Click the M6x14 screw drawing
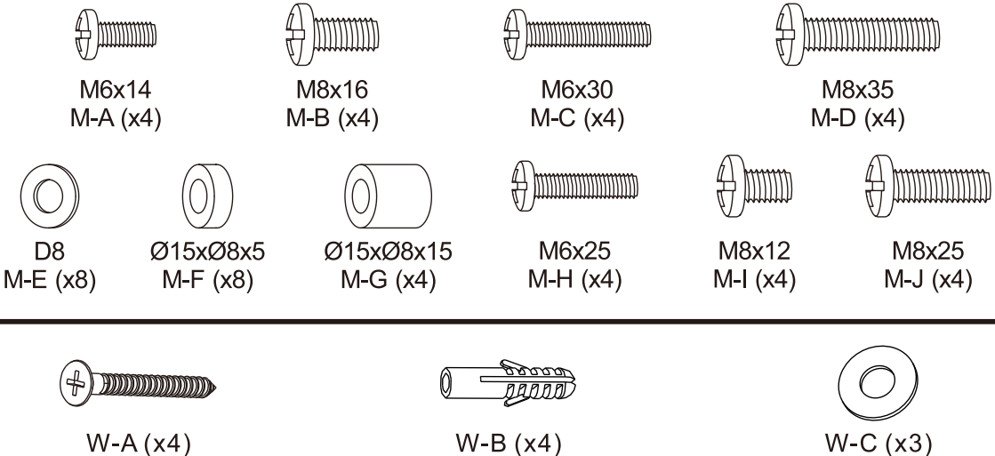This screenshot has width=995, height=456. click(x=116, y=35)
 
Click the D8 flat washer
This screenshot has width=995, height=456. click(x=47, y=191)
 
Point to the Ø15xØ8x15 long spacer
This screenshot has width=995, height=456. click(x=387, y=191)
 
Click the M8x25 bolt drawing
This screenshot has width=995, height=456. click(x=926, y=185)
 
